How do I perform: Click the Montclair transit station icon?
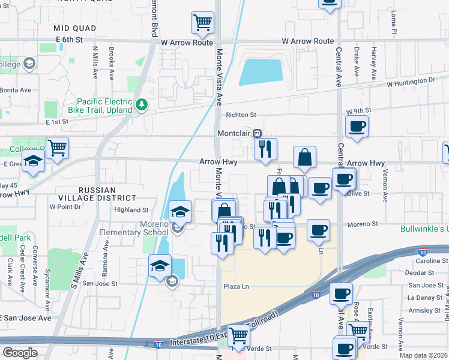pos(257,133)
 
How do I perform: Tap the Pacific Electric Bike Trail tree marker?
pos(142,106)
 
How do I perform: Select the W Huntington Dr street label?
pos(411,80)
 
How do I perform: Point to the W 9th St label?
pos(359,111)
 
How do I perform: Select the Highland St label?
pos(131,210)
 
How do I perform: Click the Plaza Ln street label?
pos(236,287)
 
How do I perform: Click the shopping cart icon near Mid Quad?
pos(202,23)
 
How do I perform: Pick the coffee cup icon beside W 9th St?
pos(357,127)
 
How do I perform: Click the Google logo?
pos(20,353)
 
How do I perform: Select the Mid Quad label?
pos(71,28)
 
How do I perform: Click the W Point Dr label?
pos(65,206)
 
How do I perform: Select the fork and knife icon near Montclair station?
pos(265,148)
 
